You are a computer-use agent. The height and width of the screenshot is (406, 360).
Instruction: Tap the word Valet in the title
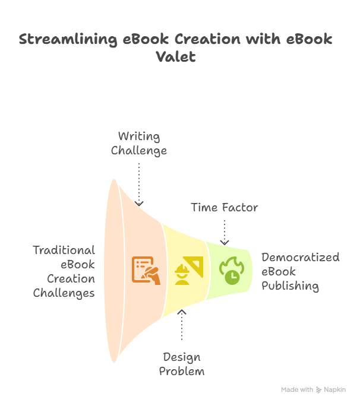coord(176,58)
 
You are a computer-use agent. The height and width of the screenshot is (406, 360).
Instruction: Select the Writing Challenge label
coord(138,144)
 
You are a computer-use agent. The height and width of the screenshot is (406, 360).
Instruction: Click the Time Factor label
coord(224,208)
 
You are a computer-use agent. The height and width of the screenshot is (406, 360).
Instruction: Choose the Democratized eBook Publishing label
coord(300,271)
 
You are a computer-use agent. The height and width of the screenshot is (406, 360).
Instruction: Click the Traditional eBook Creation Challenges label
coord(64,271)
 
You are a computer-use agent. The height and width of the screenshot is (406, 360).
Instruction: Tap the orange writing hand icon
coord(146,270)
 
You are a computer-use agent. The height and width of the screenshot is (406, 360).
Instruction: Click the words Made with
coord(297,390)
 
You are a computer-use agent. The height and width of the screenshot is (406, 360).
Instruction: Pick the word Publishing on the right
coord(290,286)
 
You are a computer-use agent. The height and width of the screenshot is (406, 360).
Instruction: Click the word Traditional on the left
coord(64,250)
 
